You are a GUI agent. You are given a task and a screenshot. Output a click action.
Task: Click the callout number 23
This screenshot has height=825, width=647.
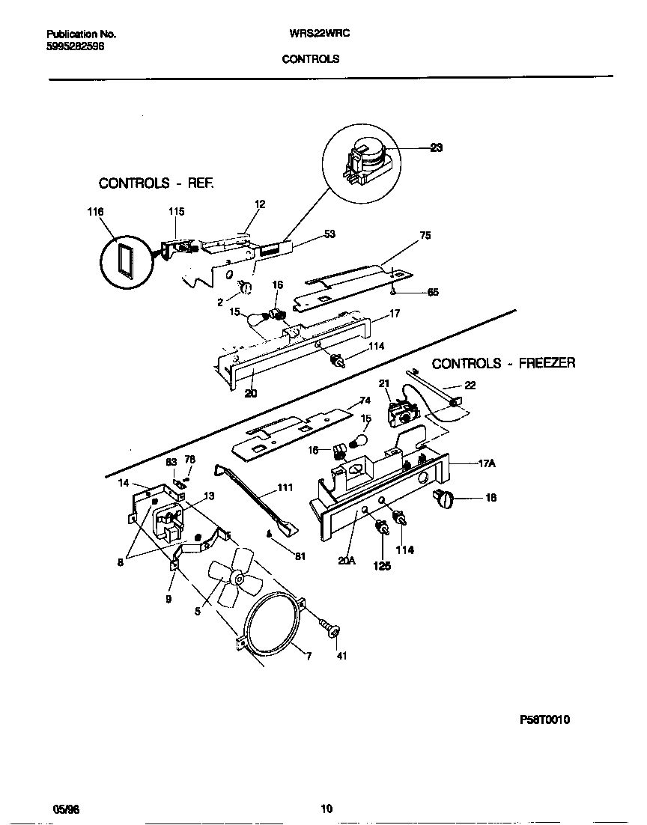pyautogui.click(x=437, y=147)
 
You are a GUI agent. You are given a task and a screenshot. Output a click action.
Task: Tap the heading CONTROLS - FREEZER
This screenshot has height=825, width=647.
pyautogui.click(x=503, y=363)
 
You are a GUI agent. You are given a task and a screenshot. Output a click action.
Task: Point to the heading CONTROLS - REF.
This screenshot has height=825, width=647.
pyautogui.click(x=157, y=183)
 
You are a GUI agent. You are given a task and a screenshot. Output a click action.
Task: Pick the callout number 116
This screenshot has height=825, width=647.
pyautogui.click(x=95, y=212)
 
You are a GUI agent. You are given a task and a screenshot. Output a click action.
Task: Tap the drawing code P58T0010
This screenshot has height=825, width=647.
pyautogui.click(x=544, y=719)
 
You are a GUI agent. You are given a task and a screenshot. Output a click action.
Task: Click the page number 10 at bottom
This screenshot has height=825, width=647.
pyautogui.click(x=326, y=809)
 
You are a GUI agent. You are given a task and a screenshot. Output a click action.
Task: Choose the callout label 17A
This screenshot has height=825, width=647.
pyautogui.click(x=487, y=463)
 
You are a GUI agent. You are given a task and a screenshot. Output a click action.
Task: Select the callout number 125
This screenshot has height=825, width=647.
pyautogui.click(x=382, y=567)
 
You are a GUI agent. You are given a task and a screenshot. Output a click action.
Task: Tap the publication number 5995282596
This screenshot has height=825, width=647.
pyautogui.click(x=75, y=46)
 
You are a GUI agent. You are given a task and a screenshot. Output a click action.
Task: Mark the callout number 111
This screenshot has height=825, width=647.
pyautogui.click(x=285, y=488)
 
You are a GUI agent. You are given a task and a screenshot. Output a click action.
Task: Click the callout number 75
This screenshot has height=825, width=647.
pyautogui.click(x=425, y=235)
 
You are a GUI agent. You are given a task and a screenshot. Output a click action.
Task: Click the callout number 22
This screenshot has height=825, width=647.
pyautogui.click(x=470, y=386)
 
